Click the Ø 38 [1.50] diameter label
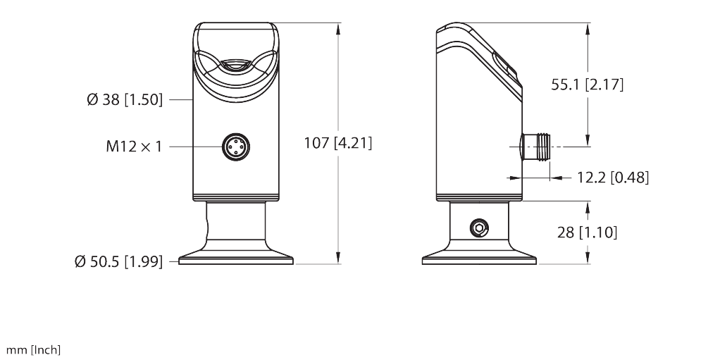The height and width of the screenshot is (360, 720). [x=125, y=100]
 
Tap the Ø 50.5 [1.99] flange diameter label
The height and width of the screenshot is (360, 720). [x=118, y=261]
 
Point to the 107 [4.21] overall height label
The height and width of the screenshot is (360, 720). [x=337, y=143]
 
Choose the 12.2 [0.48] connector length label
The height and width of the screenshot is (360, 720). [x=613, y=178]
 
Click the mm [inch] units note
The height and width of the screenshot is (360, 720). [x=34, y=350]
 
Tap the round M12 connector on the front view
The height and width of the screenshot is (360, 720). [x=235, y=147]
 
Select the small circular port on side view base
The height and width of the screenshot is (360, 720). [x=479, y=228]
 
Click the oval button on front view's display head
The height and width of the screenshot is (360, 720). [x=235, y=66]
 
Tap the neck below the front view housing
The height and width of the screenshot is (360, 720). [x=235, y=225]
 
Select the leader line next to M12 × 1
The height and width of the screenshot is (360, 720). [x=192, y=147]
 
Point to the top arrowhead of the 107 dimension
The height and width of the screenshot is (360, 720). [x=339, y=29]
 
